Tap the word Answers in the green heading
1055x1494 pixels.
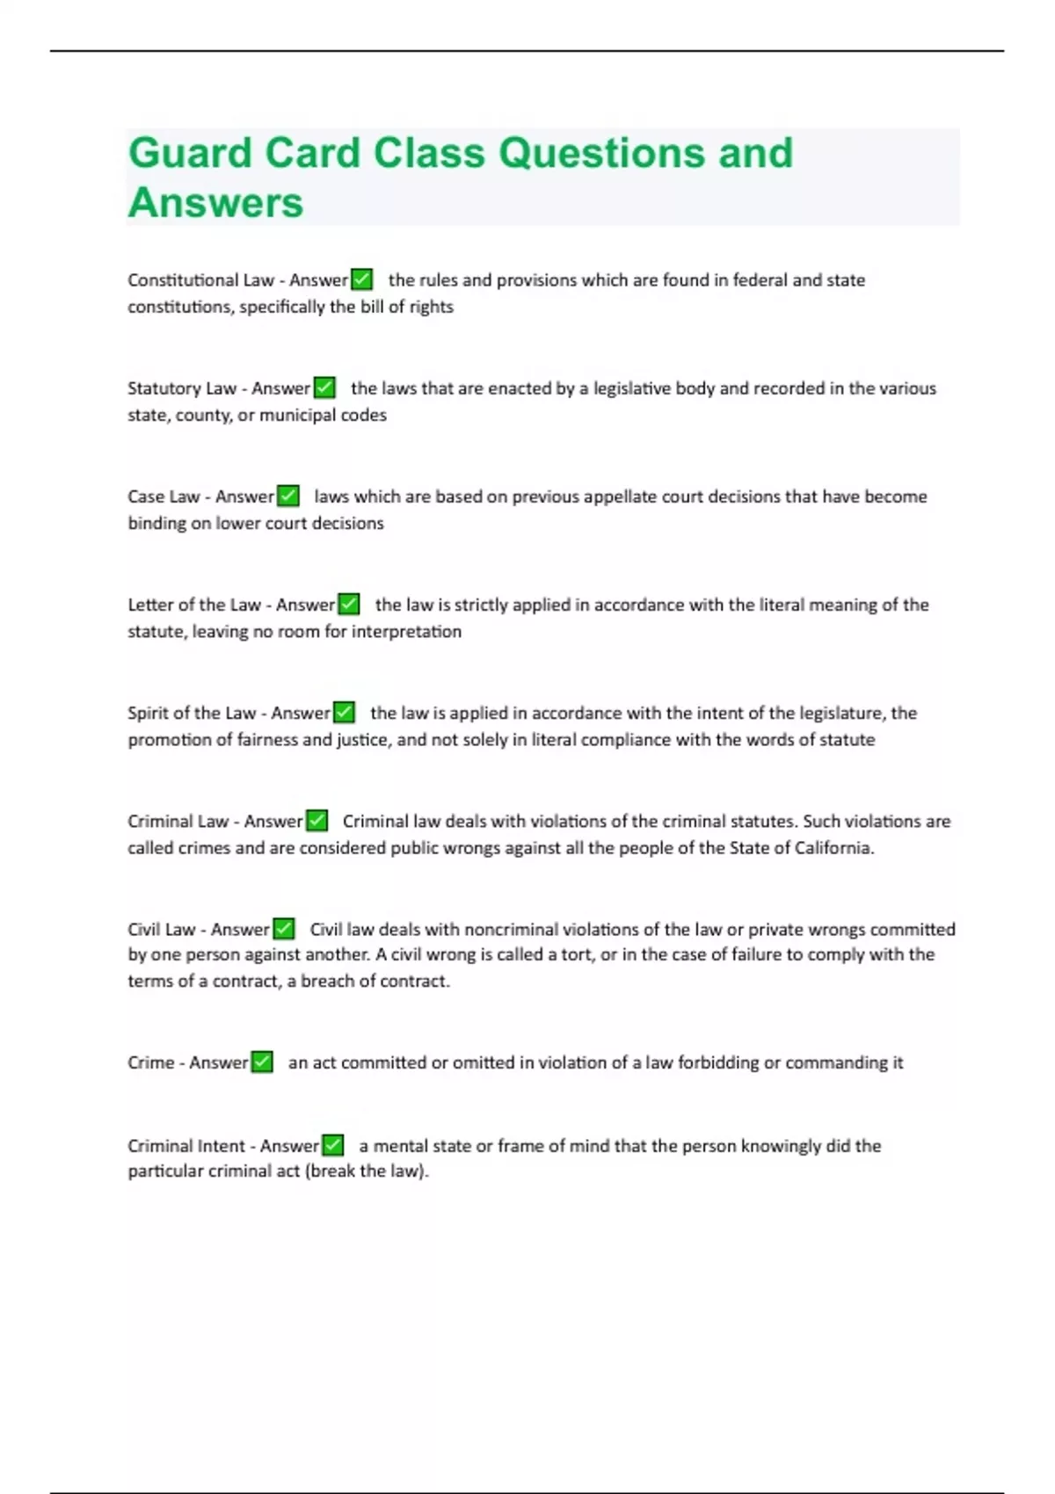tap(215, 203)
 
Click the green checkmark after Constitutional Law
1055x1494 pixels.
tap(361, 279)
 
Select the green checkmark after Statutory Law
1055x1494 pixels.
tap(324, 388)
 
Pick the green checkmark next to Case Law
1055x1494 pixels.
tap(288, 496)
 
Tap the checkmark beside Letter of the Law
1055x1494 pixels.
tap(349, 604)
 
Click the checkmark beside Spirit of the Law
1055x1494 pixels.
tap(344, 712)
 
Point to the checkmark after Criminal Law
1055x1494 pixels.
tap(316, 821)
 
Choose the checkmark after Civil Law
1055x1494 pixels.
tap(283, 929)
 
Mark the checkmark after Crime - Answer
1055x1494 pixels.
tap(262, 1062)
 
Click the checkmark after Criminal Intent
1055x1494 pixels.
tap(332, 1145)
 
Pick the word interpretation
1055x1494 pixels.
tap(406, 631)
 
